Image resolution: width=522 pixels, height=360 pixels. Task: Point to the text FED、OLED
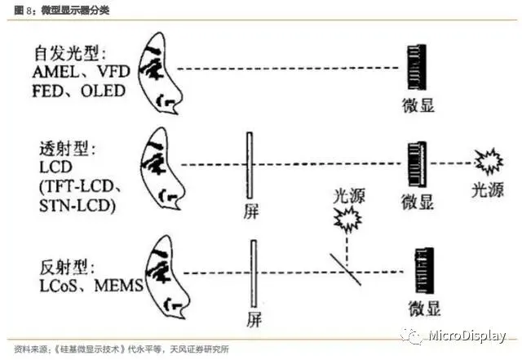pos(80,90)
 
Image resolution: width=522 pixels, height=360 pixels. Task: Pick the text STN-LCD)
pos(77,204)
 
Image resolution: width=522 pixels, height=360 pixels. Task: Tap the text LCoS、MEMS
pos(90,285)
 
